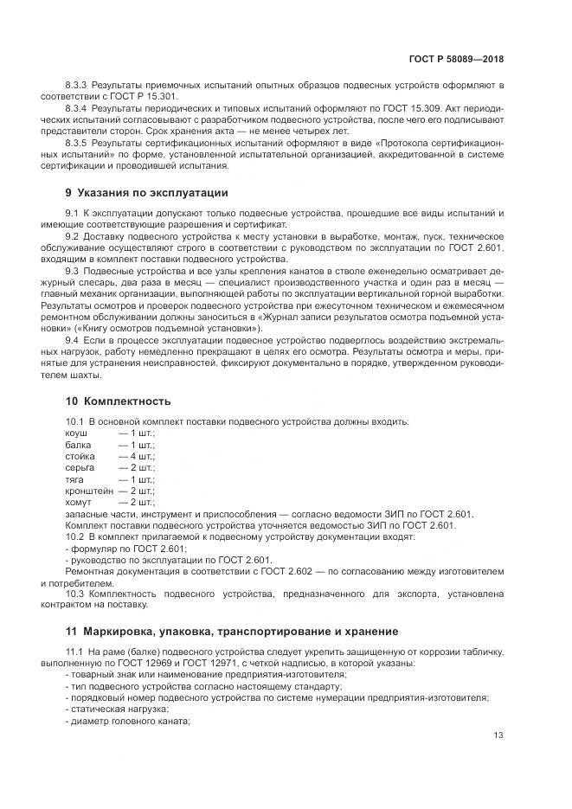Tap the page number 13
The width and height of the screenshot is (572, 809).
[498, 735]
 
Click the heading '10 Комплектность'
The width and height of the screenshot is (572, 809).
[119, 401]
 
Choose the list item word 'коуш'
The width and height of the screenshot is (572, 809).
[76, 432]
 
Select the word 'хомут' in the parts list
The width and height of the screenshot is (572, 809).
[79, 502]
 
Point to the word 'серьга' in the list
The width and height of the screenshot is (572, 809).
[80, 466]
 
